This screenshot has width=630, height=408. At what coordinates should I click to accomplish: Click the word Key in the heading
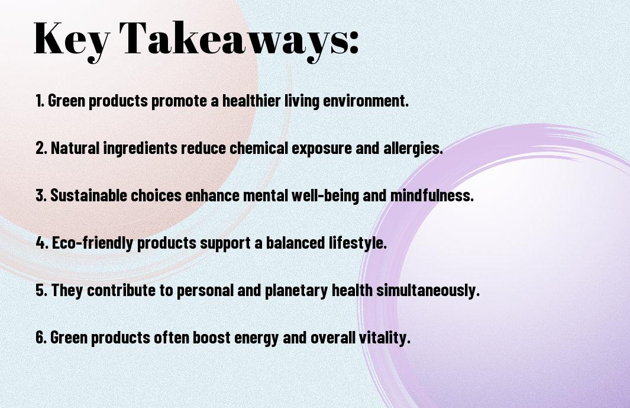click(x=72, y=40)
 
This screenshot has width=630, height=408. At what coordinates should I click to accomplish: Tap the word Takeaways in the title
click(x=234, y=40)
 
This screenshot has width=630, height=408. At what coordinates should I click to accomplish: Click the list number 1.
click(x=40, y=101)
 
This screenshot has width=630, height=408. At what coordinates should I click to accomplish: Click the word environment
click(x=366, y=101)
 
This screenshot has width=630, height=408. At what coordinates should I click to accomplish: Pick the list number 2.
click(x=41, y=147)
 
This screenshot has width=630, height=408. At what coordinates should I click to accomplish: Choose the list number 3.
click(x=41, y=195)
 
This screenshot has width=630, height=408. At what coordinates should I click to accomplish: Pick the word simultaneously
click(x=428, y=291)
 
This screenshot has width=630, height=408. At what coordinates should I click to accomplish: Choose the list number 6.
click(x=41, y=337)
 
